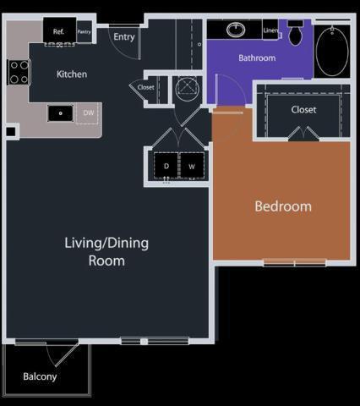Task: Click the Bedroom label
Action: [x=283, y=206]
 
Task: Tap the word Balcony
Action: [x=40, y=376]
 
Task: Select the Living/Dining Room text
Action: [x=106, y=252]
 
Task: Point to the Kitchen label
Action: [x=72, y=74]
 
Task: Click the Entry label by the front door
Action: [x=124, y=37]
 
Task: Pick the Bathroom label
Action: [x=257, y=58]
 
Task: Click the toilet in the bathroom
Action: [x=296, y=33]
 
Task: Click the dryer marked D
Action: [x=166, y=166]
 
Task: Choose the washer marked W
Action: [x=192, y=166]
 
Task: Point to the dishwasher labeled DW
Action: [x=88, y=113]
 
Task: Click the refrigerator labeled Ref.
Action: [x=59, y=31]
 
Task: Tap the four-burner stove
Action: [x=19, y=72]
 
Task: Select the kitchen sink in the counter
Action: [x=61, y=113]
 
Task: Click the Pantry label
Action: [x=85, y=31]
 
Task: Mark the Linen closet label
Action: [x=271, y=30]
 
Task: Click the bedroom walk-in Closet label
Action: [x=303, y=110]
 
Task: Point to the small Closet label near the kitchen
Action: [x=146, y=87]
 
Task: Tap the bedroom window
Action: [x=295, y=263]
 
